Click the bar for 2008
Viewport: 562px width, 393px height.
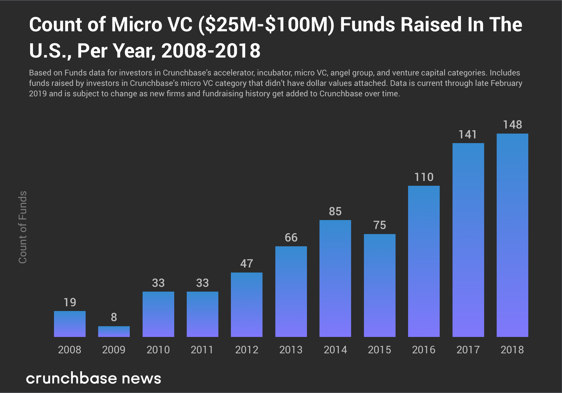coord(70,324)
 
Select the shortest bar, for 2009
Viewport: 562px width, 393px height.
coord(114,332)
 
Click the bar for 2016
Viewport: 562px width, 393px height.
coord(424,261)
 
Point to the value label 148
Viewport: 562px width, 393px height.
coord(512,125)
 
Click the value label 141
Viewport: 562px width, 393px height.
coord(468,134)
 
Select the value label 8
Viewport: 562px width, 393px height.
coord(114,317)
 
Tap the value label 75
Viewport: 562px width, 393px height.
coord(379,225)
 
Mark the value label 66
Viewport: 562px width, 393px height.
coord(291,238)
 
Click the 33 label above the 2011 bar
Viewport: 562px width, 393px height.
coord(202,283)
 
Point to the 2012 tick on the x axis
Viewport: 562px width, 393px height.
coord(247,349)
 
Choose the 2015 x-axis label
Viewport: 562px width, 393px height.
coord(379,349)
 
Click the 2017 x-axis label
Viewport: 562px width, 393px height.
coord(468,349)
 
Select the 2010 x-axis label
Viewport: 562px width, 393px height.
coord(158,349)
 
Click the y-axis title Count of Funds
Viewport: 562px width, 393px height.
coord(23,227)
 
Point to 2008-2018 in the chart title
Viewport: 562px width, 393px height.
coord(211,51)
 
